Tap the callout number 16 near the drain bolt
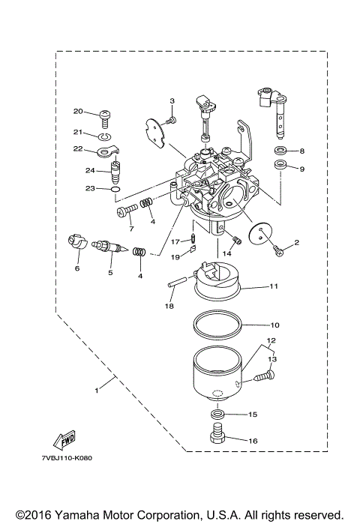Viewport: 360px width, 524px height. click(x=252, y=441)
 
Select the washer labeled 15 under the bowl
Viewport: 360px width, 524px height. click(x=217, y=414)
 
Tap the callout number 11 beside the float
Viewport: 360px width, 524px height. click(x=253, y=286)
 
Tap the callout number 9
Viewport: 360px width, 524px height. click(x=301, y=169)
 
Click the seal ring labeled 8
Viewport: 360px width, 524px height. click(x=279, y=151)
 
